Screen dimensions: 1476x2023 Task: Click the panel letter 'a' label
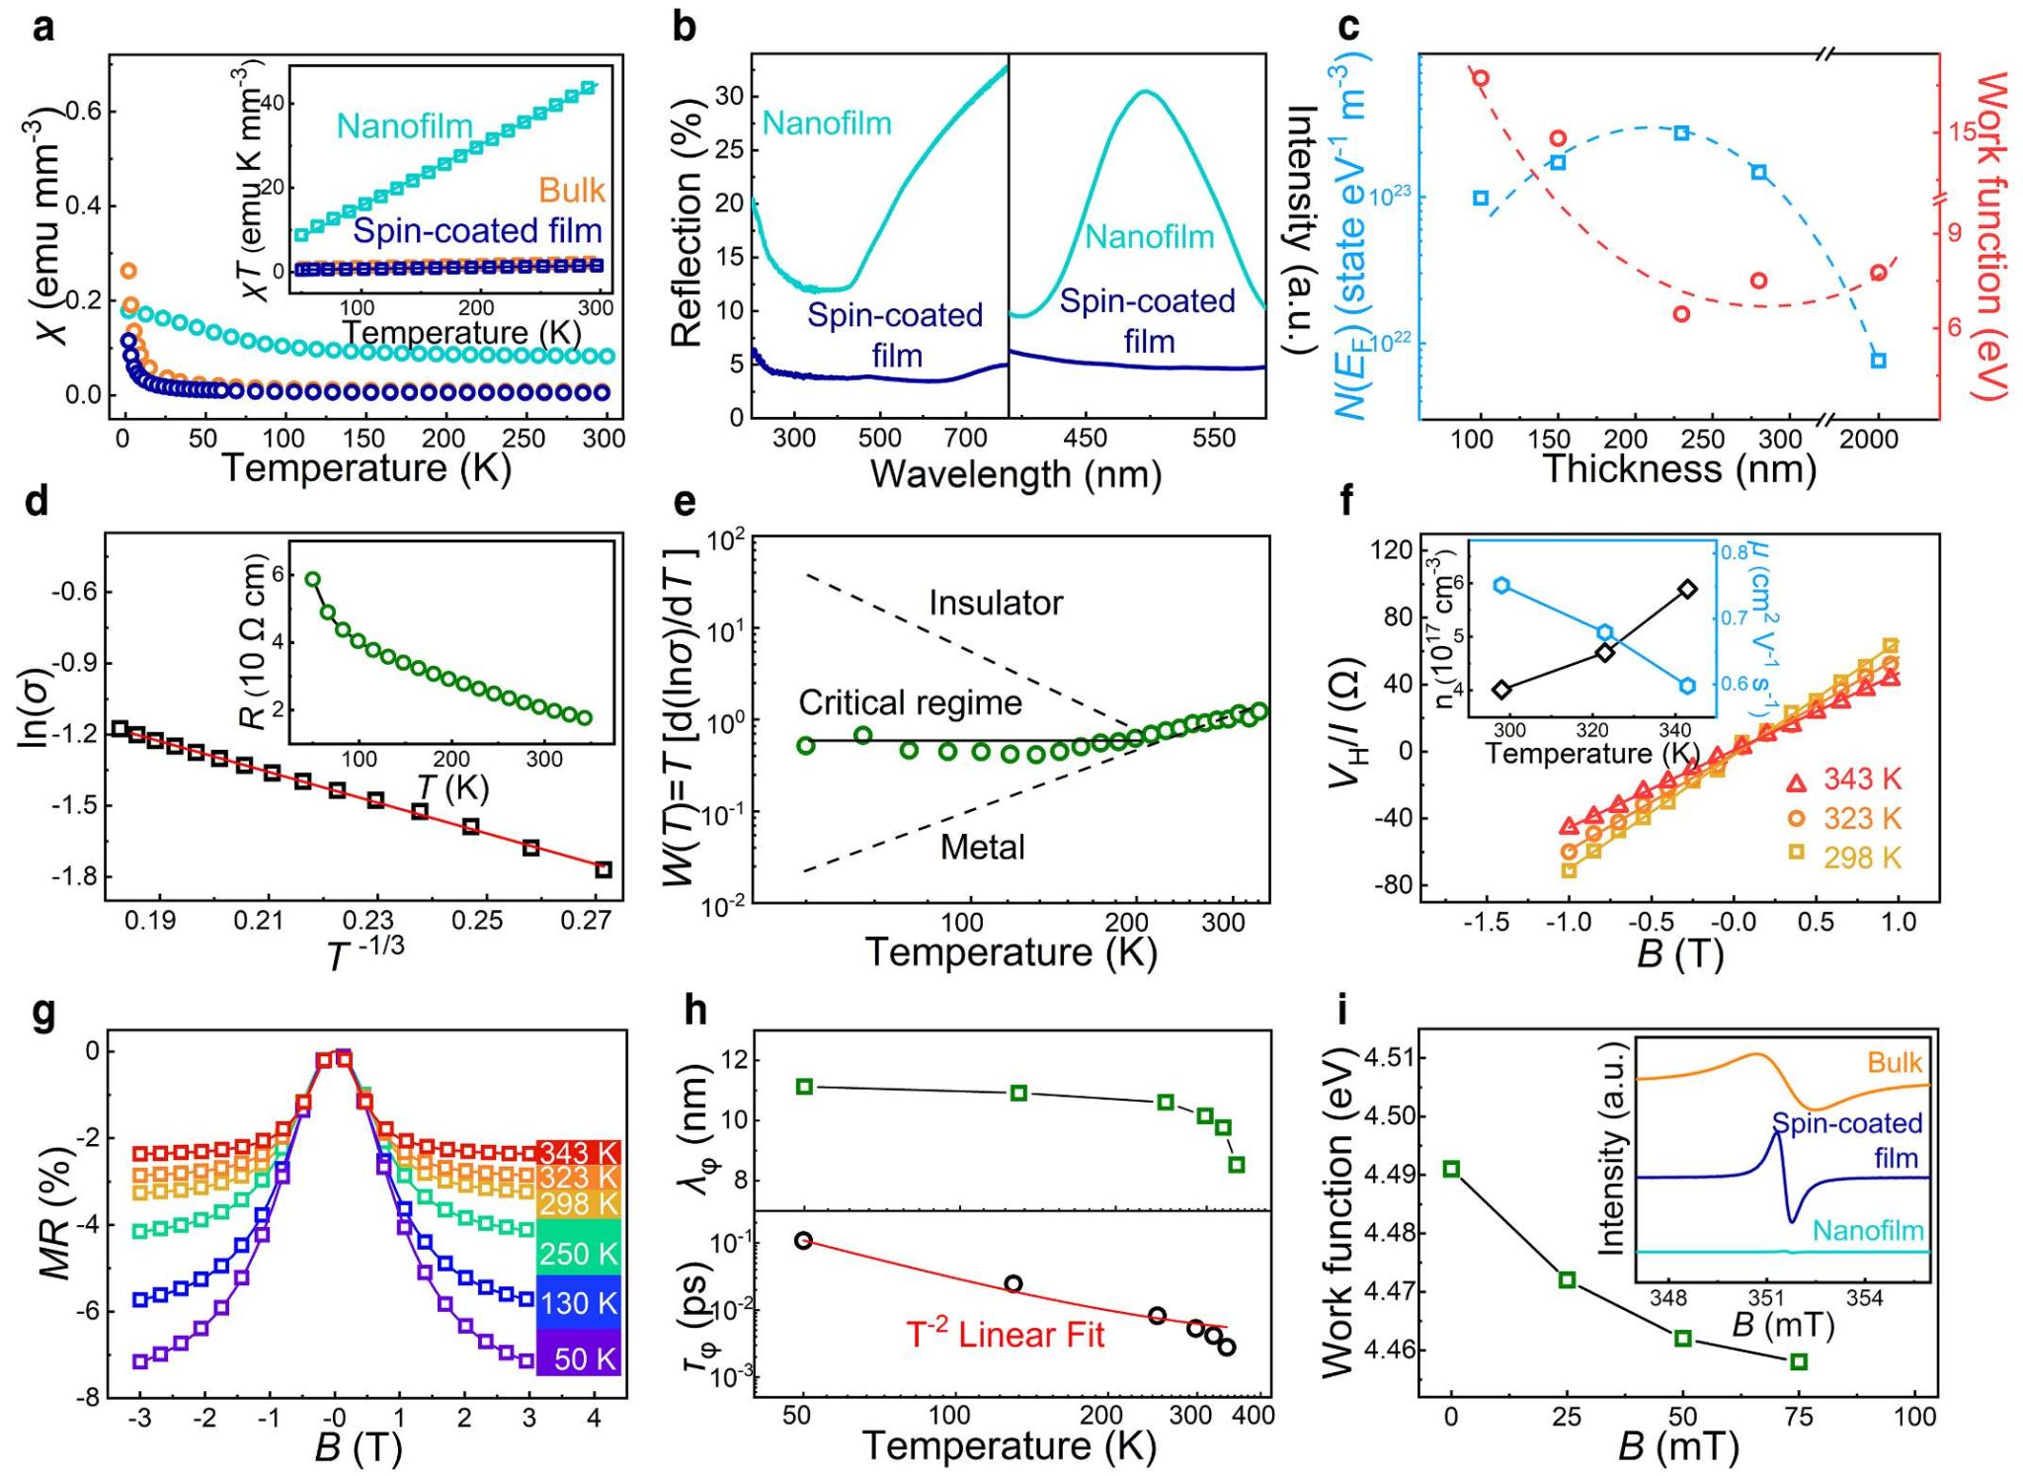[x=43, y=28]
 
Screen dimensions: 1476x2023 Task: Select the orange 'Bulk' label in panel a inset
[x=571, y=190]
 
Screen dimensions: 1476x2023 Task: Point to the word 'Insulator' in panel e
[x=996, y=603]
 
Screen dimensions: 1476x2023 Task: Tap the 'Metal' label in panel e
[x=982, y=847]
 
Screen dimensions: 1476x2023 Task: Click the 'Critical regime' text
[x=910, y=702]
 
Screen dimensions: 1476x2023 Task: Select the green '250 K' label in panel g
[x=579, y=1254]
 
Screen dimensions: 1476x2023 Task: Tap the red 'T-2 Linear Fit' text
[x=1005, y=1335]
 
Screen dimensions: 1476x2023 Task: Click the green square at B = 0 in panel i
[x=1451, y=1169]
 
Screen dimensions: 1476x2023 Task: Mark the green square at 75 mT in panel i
[x=1799, y=1361]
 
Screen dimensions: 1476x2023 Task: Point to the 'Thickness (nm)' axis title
[x=1678, y=468]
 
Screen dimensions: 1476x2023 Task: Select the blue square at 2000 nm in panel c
[x=1878, y=361]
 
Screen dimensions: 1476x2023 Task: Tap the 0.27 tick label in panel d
[x=587, y=921]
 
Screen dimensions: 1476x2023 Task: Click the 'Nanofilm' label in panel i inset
[x=1868, y=1231]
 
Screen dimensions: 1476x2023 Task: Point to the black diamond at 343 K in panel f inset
[x=1687, y=590]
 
